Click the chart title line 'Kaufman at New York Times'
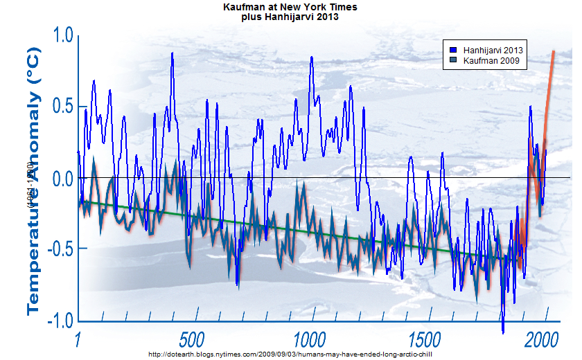coord(290,7)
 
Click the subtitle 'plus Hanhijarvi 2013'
coord(290,17)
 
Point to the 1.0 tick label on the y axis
coord(59,35)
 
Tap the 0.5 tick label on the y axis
coord(59,107)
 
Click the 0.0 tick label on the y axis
coord(59,179)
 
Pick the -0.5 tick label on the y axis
coord(56,249)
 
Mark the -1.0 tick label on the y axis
coord(56,321)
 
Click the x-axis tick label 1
coord(78,341)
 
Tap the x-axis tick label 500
coord(192,341)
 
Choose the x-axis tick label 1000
coord(309,341)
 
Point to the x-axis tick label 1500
coord(425,341)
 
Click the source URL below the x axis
coord(290,354)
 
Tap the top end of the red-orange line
coord(554,52)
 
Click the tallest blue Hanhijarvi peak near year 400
coord(172,53)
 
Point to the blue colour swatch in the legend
coord(452,51)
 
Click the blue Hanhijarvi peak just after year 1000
coord(312,57)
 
